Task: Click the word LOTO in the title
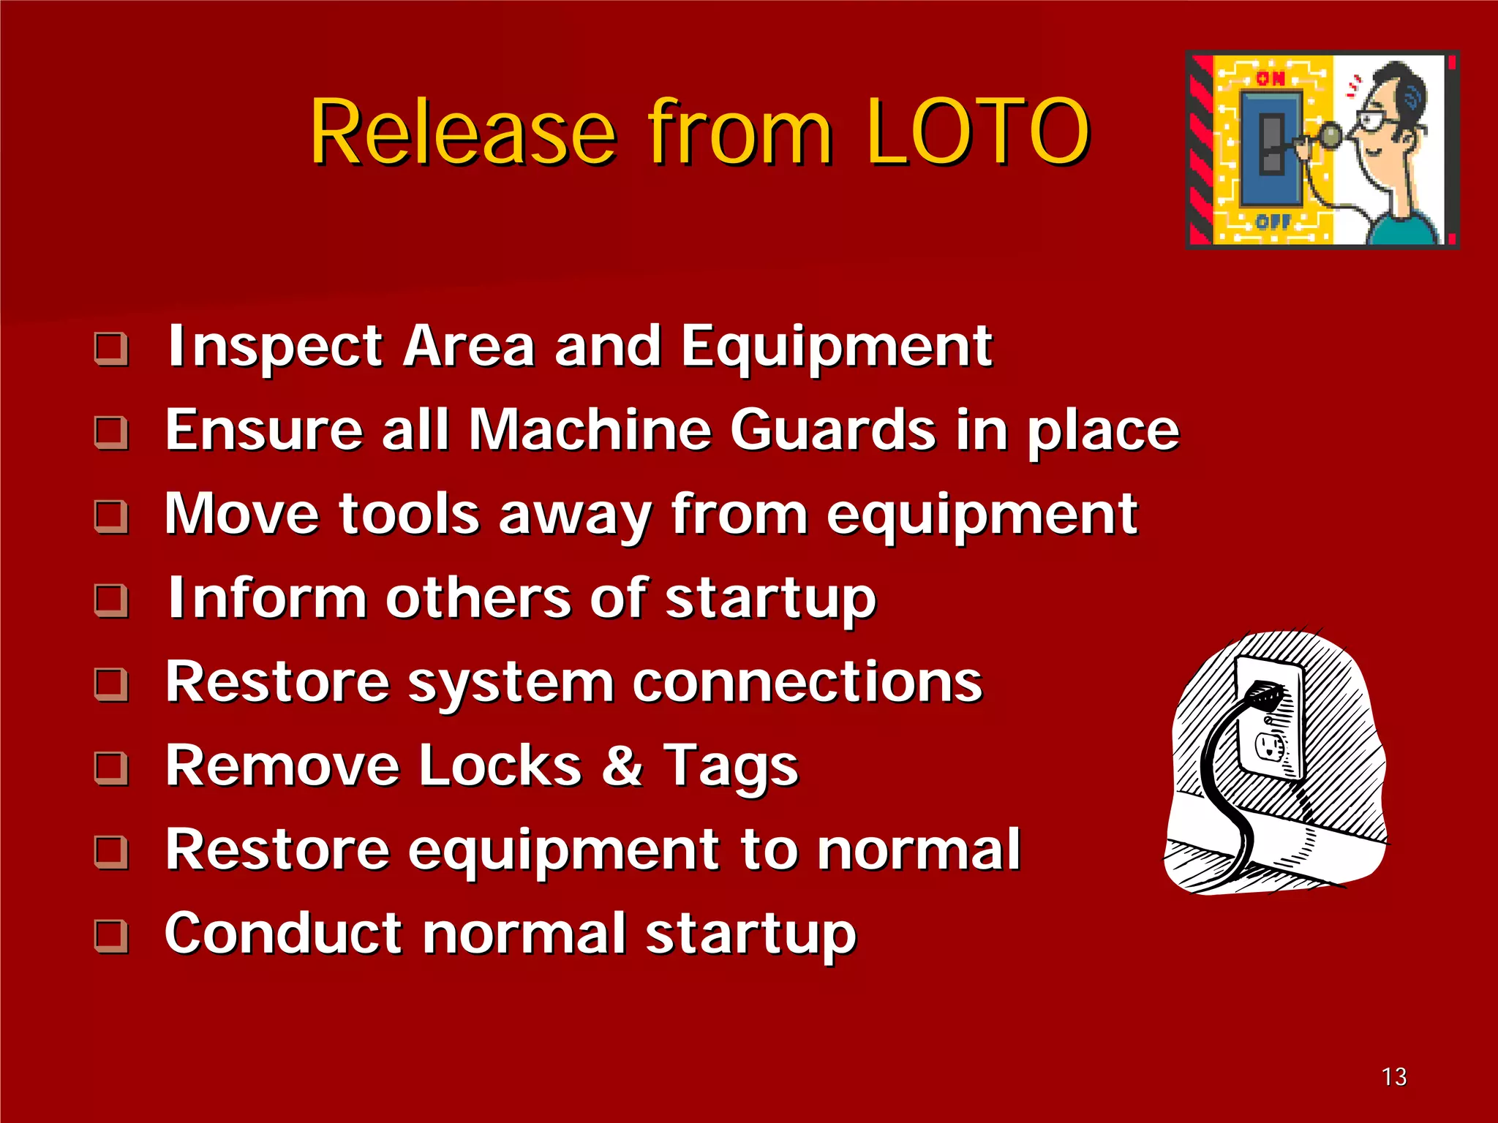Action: [978, 132]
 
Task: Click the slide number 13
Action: [1393, 1076]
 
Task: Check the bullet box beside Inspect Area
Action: [112, 349]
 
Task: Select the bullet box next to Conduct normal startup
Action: [112, 936]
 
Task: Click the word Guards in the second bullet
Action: [833, 430]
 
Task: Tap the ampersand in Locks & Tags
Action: [622, 766]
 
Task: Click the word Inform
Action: [267, 598]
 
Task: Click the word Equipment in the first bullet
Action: [837, 348]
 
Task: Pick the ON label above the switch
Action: [1271, 78]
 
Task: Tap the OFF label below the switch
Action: [1273, 221]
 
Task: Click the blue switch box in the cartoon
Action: [1271, 148]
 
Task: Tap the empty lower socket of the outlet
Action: [1270, 746]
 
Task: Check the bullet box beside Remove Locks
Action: [112, 768]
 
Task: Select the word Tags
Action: [731, 766]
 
